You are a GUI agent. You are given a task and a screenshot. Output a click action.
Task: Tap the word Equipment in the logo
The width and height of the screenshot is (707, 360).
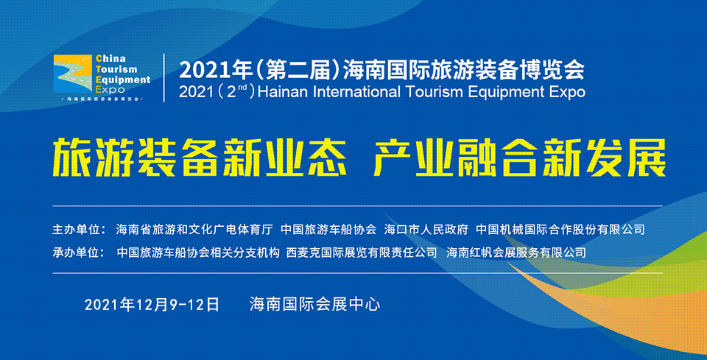[x=124, y=80]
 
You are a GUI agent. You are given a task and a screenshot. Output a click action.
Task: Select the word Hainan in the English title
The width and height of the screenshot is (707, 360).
[x=282, y=91]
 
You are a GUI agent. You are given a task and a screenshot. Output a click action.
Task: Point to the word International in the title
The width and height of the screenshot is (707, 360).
[x=354, y=91]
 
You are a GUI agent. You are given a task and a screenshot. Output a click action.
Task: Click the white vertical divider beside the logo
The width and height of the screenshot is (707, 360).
[x=163, y=77]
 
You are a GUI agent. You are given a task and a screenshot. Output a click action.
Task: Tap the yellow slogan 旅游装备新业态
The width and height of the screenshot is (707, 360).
[x=200, y=158]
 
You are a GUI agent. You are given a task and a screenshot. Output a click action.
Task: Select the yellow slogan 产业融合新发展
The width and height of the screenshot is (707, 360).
[x=520, y=158]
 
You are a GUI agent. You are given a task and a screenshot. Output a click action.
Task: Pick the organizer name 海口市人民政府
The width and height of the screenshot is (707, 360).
[x=426, y=230]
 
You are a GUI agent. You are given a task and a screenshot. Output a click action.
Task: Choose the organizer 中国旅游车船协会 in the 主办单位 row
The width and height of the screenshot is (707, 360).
[x=328, y=230]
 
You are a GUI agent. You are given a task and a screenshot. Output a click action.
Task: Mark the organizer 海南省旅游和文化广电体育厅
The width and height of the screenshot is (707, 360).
[x=194, y=230]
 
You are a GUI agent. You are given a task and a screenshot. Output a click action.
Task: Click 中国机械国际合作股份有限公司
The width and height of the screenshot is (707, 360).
[x=560, y=230]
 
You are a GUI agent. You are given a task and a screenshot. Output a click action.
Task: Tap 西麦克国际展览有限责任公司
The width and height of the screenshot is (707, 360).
[x=362, y=253]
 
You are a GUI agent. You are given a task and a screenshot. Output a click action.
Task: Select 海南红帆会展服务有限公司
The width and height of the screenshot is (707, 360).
[x=516, y=253]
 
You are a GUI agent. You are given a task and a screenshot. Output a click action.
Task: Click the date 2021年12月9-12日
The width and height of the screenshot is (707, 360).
[x=152, y=305]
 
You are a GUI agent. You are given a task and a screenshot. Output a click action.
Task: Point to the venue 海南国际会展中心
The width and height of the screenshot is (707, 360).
[x=315, y=305]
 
